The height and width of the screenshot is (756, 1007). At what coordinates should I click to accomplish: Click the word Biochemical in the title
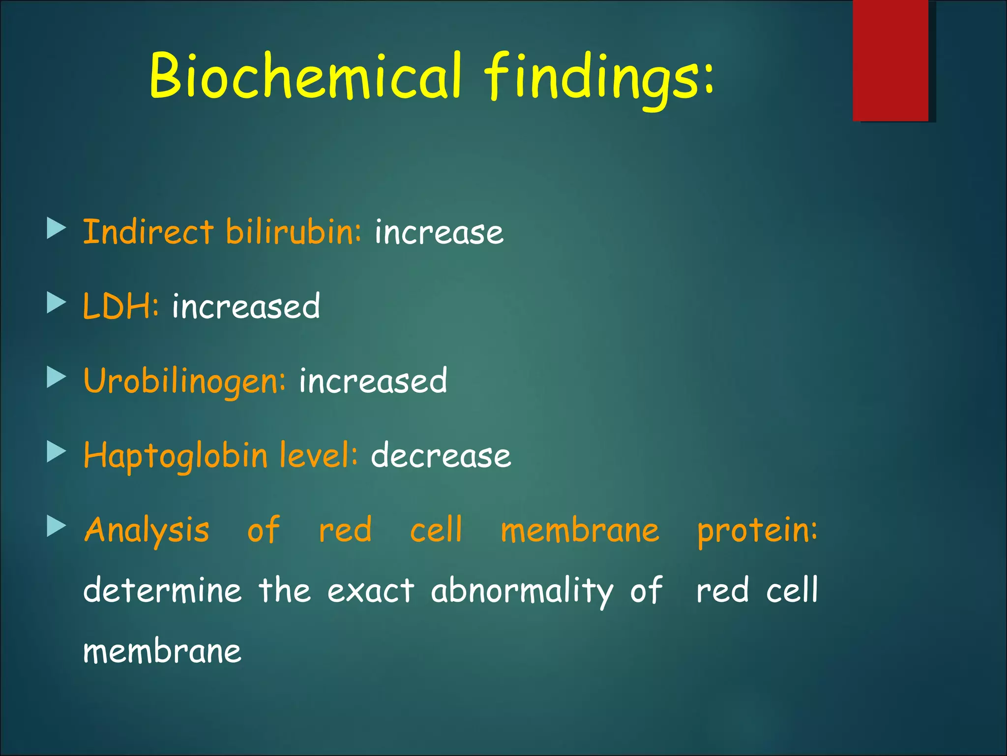305,76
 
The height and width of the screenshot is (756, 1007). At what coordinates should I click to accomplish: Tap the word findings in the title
597,79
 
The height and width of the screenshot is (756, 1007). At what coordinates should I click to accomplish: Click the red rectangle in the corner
890,60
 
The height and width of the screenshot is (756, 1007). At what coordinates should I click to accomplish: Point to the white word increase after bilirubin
439,233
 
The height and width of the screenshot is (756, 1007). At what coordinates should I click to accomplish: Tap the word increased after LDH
246,306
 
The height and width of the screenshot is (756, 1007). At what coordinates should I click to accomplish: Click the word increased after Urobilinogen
373,381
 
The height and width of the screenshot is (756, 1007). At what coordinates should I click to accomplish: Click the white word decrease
441,455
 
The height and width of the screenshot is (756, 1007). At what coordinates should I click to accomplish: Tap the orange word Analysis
147,531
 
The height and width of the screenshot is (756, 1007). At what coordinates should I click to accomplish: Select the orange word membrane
580,531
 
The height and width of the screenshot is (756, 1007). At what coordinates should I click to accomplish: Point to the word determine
162,590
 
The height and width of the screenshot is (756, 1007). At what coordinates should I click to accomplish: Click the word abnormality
522,591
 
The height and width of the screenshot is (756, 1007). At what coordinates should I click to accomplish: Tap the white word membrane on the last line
162,652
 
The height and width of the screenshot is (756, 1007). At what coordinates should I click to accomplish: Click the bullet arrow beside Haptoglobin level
56,451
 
